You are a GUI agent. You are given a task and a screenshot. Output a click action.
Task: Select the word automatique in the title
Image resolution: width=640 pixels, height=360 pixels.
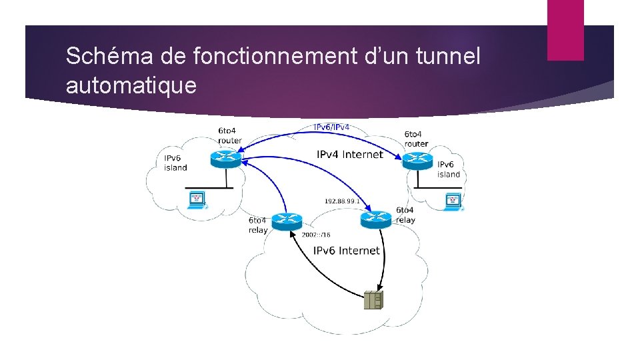[x=131, y=85]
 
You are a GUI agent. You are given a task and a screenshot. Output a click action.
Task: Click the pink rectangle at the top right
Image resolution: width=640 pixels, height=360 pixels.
[x=565, y=30]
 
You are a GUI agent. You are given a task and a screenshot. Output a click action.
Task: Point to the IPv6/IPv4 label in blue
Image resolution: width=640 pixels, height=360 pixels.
[x=331, y=127]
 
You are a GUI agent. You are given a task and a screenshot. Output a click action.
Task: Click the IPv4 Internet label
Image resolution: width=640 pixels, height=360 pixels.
[x=349, y=155]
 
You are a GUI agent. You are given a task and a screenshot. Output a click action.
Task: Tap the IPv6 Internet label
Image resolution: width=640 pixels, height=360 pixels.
[x=346, y=251]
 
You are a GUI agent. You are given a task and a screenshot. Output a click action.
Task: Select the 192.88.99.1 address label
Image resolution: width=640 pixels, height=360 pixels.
[x=342, y=201]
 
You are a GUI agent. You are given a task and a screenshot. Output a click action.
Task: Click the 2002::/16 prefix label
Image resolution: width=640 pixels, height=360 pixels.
[x=316, y=235]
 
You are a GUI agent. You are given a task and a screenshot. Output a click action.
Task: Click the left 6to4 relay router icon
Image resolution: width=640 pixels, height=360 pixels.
[x=287, y=220]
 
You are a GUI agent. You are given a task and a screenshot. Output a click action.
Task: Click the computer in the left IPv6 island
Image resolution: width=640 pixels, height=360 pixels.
[x=197, y=199]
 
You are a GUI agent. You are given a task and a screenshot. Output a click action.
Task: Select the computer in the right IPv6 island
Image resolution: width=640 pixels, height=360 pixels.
[x=453, y=200]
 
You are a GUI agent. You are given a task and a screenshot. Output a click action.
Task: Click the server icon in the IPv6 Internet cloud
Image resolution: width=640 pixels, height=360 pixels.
[x=373, y=301]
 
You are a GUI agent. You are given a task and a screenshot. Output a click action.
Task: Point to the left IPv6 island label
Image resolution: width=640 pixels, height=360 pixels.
[x=175, y=163]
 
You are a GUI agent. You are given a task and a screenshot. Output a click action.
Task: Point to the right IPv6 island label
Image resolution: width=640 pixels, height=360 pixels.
[x=449, y=169]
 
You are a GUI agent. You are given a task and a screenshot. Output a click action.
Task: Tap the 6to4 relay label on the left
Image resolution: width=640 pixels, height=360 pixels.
[x=257, y=225]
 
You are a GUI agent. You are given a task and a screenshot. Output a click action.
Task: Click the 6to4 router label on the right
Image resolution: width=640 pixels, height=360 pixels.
[x=416, y=139]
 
